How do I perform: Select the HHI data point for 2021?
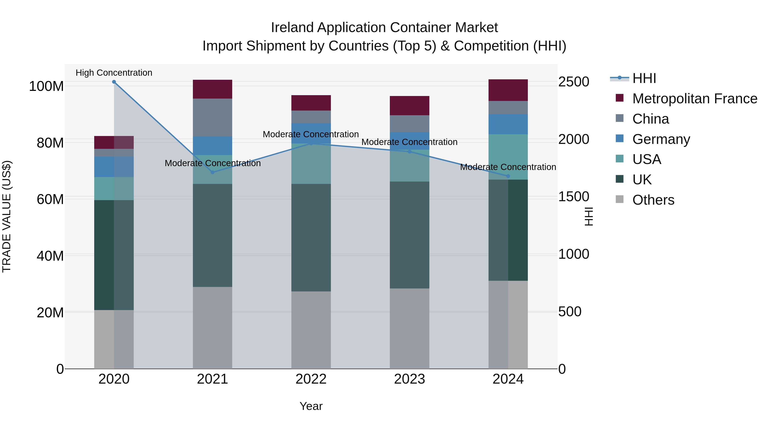click(x=213, y=172)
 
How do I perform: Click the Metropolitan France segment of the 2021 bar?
click(x=212, y=89)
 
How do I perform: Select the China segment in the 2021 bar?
click(x=212, y=117)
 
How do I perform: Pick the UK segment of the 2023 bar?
click(x=409, y=235)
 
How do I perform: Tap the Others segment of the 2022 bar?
click(x=311, y=330)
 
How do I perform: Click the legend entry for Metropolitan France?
click(x=694, y=99)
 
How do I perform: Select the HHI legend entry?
click(x=644, y=78)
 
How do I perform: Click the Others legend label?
click(x=653, y=200)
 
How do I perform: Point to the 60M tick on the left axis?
click(x=50, y=199)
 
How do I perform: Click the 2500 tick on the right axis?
click(x=574, y=82)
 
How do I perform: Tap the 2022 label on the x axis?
click(x=311, y=379)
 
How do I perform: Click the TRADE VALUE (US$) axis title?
click(x=7, y=216)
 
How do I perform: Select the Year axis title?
click(x=311, y=406)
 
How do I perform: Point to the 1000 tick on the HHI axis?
click(x=574, y=254)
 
